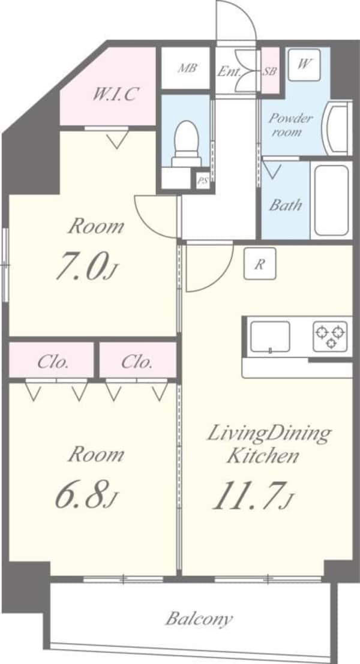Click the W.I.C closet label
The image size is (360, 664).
point(116,94)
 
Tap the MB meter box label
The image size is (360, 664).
point(187,68)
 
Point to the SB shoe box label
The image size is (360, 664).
point(270,71)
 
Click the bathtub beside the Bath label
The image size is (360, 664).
point(331,199)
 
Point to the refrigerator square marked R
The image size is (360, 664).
point(259,264)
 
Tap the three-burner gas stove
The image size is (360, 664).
point(330,336)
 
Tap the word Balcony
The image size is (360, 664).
point(199,618)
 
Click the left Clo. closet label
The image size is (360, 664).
point(52,362)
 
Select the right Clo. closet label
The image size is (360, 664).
point(137,362)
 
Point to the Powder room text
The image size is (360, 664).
point(290,124)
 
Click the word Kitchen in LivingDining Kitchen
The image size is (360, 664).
point(262,456)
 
